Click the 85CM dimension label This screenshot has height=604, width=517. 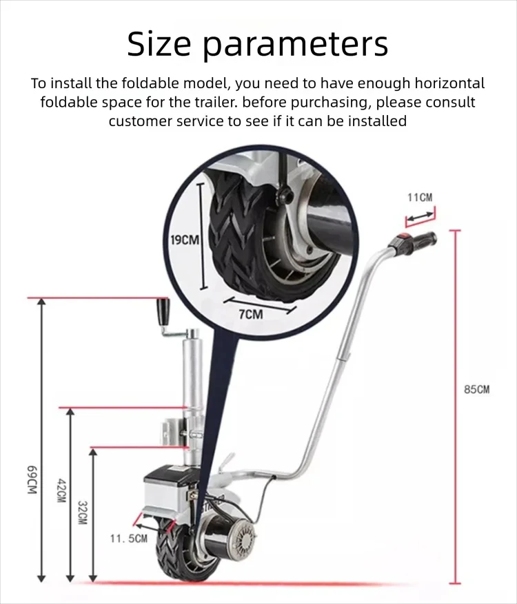(x=476, y=390)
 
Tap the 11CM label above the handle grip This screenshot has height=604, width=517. (x=420, y=198)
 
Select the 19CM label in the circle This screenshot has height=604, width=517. (x=184, y=240)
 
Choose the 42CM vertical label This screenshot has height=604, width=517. (x=61, y=490)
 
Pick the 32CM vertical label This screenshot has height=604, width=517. (x=82, y=513)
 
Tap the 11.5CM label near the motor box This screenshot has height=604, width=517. (x=129, y=539)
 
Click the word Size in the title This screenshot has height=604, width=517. (x=159, y=45)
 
